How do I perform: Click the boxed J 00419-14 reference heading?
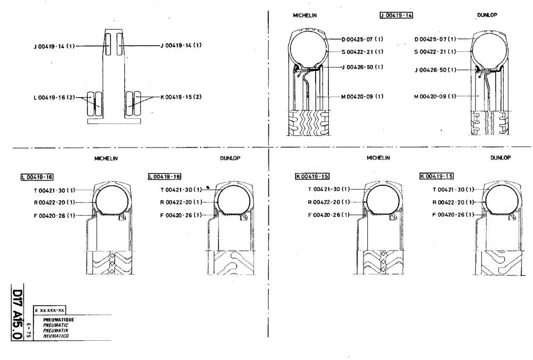(396, 15)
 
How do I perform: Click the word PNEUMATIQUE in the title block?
(60, 318)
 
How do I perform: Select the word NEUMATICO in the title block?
(56, 337)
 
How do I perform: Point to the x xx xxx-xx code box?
(49, 310)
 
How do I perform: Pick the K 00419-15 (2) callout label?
(181, 97)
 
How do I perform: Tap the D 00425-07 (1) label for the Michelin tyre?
(362, 39)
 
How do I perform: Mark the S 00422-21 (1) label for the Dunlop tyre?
(435, 52)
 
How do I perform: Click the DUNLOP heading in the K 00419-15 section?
(500, 158)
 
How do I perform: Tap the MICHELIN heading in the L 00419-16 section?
(106, 159)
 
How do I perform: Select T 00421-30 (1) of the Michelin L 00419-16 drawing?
(55, 190)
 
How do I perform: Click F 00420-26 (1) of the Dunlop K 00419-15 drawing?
(454, 215)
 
